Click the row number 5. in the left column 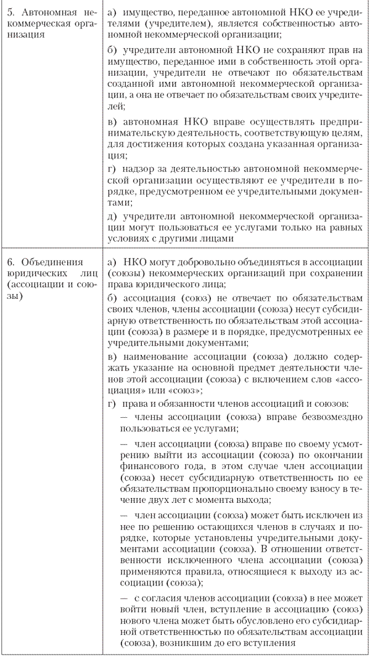9,12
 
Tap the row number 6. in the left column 9,261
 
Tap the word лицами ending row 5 216,238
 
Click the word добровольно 197,261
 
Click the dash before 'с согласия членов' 124,598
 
